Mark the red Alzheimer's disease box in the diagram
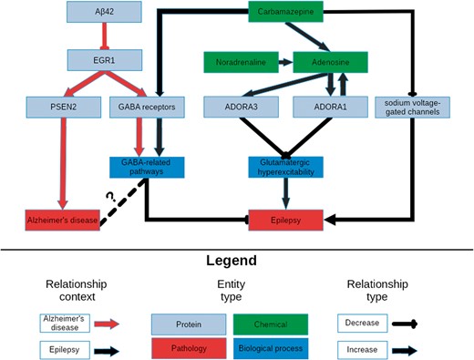pos(58,220)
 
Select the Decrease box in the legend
pos(363,323)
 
